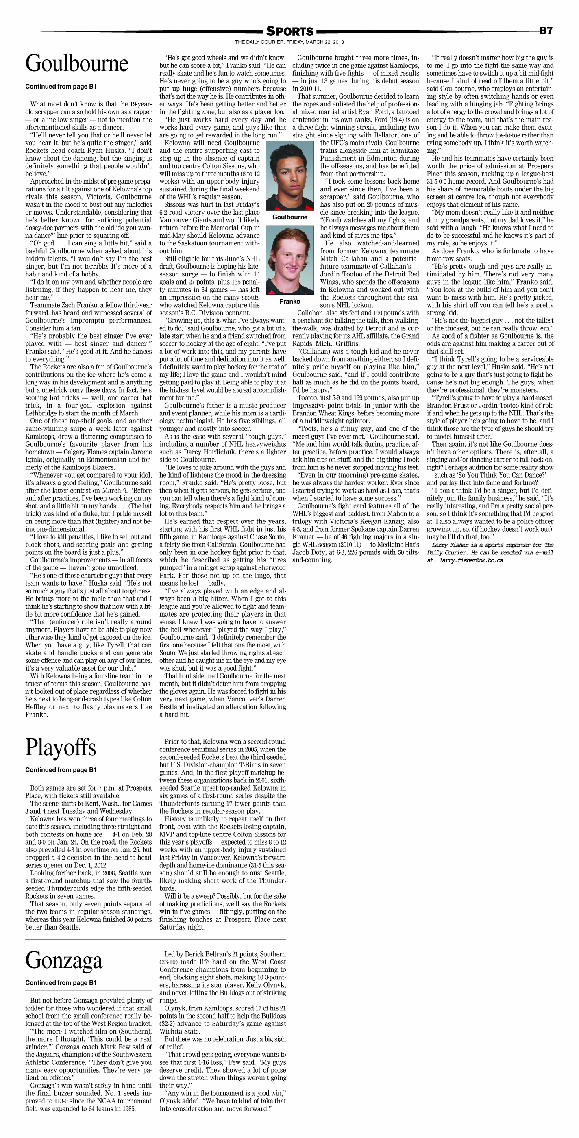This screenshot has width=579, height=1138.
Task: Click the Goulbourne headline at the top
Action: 76,64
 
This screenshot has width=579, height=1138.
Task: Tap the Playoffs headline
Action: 61,747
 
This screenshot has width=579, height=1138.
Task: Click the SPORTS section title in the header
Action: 289,31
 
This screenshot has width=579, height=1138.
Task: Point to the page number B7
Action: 546,30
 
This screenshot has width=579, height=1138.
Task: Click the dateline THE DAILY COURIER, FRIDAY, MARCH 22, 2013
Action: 289,42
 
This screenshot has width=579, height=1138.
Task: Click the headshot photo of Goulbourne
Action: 289,176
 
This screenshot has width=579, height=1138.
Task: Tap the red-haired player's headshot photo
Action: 289,260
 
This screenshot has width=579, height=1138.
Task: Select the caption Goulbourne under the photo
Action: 289,217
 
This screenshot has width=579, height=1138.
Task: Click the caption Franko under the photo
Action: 289,301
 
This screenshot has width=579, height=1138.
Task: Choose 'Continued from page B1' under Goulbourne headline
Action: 61,87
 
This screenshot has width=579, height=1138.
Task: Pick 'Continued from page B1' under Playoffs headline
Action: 61,769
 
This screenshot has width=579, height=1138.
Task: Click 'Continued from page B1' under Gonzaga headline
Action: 61,982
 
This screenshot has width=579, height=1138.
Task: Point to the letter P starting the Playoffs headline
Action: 32,747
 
